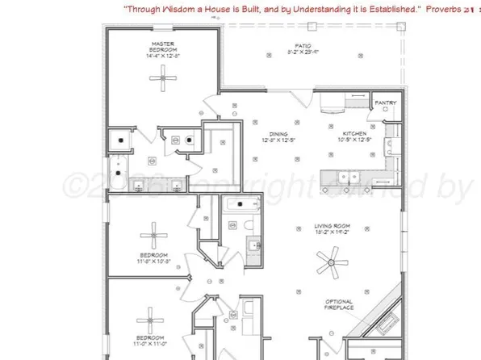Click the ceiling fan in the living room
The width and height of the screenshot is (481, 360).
pos(329,262)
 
